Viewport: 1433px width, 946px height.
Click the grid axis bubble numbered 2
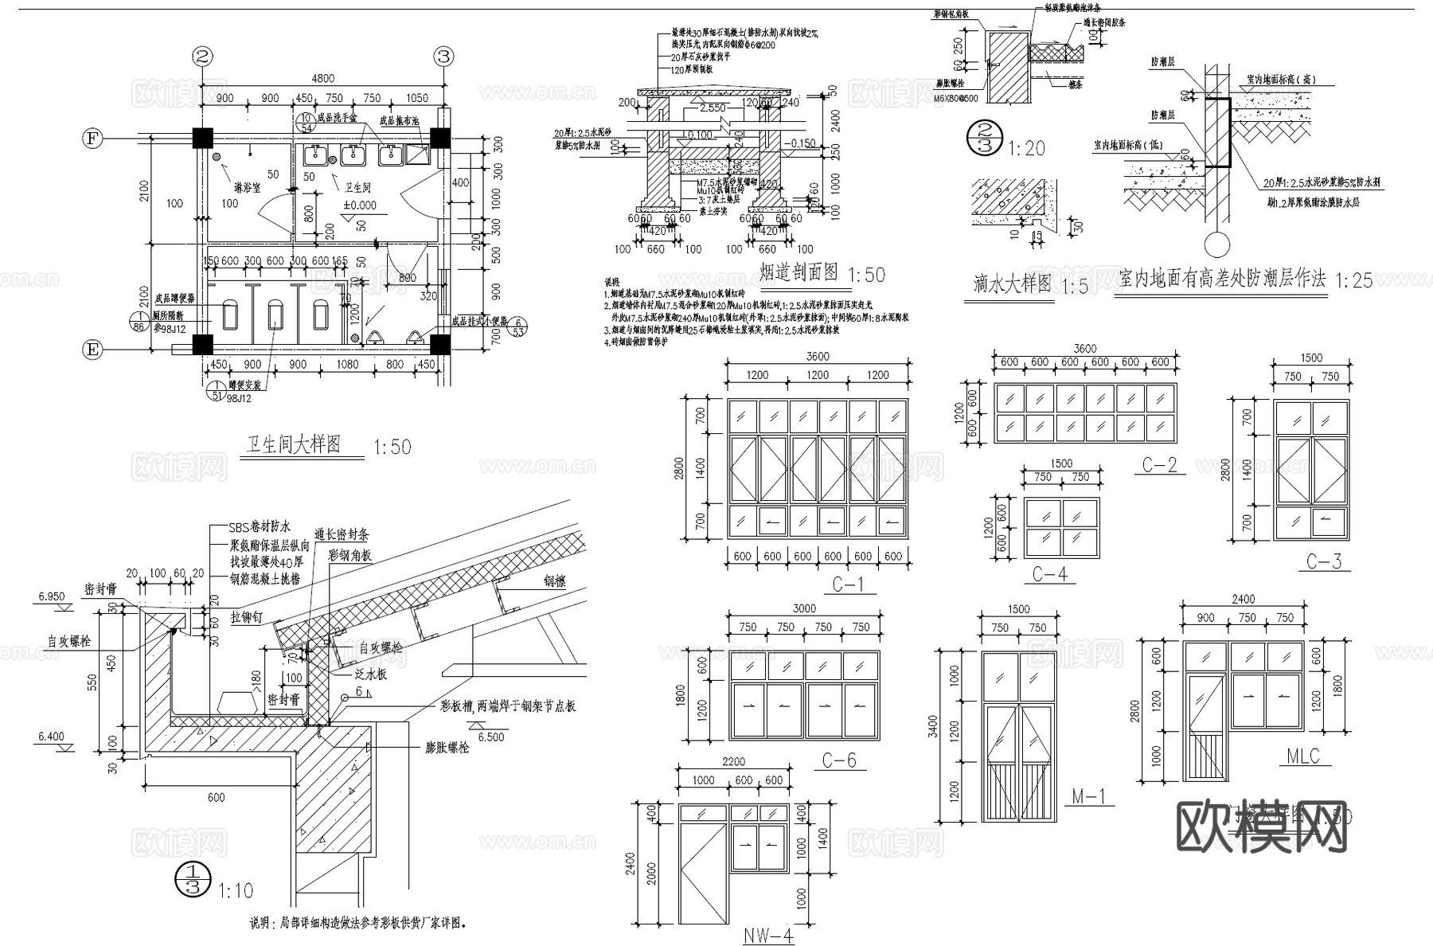pos(203,57)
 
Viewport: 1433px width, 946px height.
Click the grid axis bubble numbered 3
pos(443,57)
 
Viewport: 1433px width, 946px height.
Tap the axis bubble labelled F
pos(93,139)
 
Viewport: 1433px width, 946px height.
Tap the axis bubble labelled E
pos(93,349)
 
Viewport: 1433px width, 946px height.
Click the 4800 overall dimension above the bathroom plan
pos(322,78)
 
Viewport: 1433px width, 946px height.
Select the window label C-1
pos(848,584)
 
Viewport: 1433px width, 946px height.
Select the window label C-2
pos(1159,464)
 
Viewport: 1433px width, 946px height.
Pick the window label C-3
pos(1324,561)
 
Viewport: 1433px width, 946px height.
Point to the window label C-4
pos(1049,573)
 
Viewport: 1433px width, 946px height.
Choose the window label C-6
pos(839,760)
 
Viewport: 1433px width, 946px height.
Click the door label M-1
pos(1088,795)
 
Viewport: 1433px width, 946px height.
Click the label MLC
pos(1303,756)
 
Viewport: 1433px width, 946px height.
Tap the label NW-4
pos(768,935)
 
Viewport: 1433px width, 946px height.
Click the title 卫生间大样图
pos(294,444)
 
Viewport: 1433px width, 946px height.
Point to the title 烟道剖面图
pos(798,273)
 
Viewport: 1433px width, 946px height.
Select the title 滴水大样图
pos(1013,283)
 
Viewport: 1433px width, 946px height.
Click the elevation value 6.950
pos(51,596)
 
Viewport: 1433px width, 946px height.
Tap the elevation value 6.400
pos(51,737)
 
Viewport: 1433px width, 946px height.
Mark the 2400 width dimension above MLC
pos(1244,599)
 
